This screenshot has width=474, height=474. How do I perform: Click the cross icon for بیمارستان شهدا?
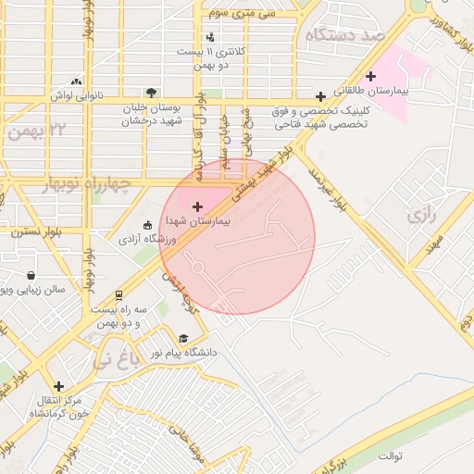pos(197,204)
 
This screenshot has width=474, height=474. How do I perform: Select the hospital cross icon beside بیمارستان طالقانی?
pos(371,76)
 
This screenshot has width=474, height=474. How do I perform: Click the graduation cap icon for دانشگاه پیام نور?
pos(183,339)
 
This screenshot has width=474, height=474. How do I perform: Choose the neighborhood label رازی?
pos(419,216)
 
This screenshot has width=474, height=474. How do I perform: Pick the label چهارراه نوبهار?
pos(88,186)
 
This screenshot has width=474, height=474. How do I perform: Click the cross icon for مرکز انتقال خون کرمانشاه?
pos(58,386)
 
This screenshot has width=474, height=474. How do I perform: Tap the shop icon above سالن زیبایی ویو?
pos(32,275)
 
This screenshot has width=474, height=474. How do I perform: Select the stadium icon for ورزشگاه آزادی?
pos(146,225)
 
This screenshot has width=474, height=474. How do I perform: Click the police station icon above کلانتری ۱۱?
pos(211,37)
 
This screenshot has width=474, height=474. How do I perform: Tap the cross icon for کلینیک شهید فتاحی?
pos(320,96)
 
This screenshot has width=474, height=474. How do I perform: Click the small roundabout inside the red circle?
pos(197,268)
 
